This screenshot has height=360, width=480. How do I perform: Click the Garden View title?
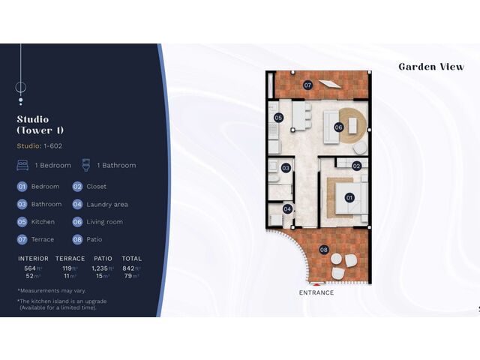431,67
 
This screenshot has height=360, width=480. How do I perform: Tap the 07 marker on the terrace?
307,85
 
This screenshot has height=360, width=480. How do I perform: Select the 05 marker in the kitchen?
278,118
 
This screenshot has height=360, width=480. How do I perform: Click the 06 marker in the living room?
338,127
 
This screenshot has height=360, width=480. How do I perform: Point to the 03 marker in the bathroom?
286,168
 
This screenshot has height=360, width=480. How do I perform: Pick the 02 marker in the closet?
356,166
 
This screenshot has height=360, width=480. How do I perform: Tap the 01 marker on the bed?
349,198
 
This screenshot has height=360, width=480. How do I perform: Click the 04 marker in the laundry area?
287,209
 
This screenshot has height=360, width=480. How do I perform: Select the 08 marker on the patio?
323,250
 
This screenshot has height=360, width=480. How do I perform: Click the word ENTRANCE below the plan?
316,292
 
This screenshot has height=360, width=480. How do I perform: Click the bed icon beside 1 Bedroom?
22,165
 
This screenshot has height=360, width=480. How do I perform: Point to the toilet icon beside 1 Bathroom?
86,165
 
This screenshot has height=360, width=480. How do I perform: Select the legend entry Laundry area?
107,205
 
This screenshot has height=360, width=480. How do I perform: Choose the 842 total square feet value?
128,268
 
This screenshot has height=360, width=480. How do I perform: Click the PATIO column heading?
103,259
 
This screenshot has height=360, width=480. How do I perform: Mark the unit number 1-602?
53,146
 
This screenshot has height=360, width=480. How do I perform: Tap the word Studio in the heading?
33,119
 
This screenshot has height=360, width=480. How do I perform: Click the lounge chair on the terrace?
330,83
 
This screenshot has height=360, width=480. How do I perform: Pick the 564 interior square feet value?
30,268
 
